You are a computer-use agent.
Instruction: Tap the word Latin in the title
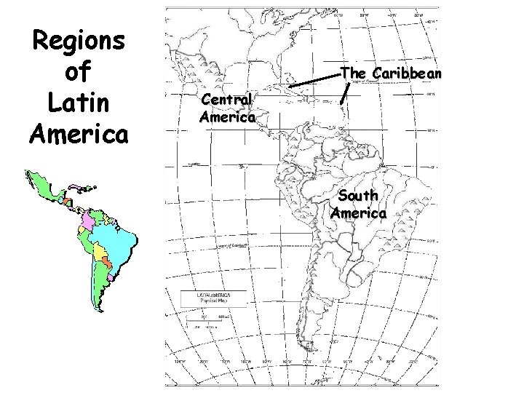click(79, 104)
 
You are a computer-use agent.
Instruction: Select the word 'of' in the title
click(79, 73)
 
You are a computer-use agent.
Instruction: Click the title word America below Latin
click(79, 135)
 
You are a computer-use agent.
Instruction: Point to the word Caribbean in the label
click(407, 74)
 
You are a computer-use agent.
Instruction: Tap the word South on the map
click(358, 196)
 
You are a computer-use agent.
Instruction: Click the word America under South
click(358, 213)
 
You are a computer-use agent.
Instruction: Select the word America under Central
click(228, 116)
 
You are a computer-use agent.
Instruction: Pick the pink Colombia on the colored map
click(87, 219)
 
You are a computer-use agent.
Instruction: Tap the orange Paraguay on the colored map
click(107, 263)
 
